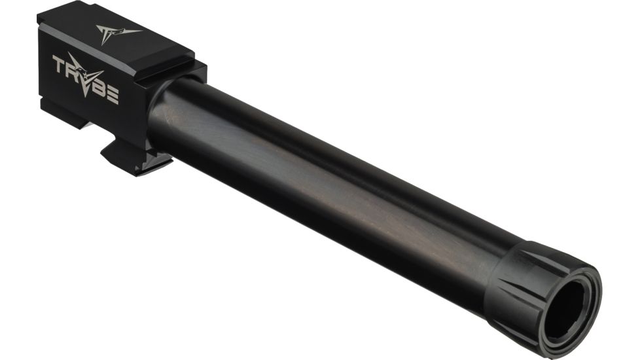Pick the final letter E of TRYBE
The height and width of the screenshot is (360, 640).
(112, 97)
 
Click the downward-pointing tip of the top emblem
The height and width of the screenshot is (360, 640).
(108, 43)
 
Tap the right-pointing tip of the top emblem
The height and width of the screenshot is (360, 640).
(140, 29)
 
